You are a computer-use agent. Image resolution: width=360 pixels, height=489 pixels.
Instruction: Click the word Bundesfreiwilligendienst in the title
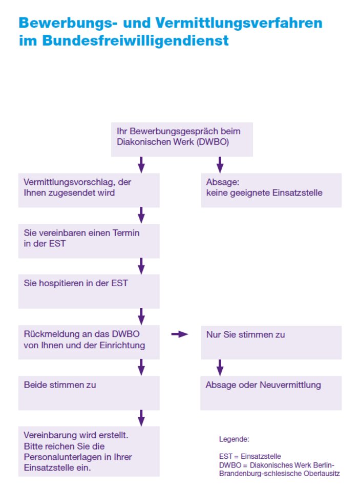[135, 40]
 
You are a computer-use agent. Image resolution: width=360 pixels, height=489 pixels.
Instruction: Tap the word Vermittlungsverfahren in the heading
[239, 23]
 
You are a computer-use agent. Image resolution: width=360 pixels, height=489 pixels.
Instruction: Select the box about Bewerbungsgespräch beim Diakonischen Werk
[182, 139]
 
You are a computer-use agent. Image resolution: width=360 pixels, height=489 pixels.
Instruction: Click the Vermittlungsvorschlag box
[89, 190]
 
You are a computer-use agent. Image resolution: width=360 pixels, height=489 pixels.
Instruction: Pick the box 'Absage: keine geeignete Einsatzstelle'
[271, 190]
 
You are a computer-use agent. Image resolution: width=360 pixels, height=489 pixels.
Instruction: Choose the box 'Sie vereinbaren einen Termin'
[89, 241]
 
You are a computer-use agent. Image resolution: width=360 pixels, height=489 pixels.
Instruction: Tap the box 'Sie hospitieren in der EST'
[89, 291]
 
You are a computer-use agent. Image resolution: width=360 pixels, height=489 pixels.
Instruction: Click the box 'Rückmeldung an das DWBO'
[89, 342]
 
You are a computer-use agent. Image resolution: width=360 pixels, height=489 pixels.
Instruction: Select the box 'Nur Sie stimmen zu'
[271, 343]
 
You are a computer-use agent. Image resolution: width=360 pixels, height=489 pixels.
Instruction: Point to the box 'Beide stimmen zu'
[89, 393]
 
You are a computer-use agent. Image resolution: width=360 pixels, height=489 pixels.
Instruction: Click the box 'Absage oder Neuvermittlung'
[271, 393]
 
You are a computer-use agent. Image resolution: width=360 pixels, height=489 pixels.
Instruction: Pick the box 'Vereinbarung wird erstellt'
[89, 451]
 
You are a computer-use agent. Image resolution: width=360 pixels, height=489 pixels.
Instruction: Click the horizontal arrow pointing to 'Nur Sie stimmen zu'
[180, 334]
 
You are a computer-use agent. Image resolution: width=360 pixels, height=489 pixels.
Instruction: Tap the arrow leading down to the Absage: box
[220, 165]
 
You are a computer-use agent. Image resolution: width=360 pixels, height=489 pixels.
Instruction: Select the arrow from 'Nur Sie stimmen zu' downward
[220, 367]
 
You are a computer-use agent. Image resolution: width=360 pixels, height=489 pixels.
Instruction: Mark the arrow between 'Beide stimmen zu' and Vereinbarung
[141, 418]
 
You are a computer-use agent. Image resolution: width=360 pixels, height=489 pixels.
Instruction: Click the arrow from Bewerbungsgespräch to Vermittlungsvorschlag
[141, 165]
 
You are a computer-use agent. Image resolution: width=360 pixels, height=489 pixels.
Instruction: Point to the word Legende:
[234, 439]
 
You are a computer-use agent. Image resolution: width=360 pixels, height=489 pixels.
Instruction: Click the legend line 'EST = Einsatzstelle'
[250, 456]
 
